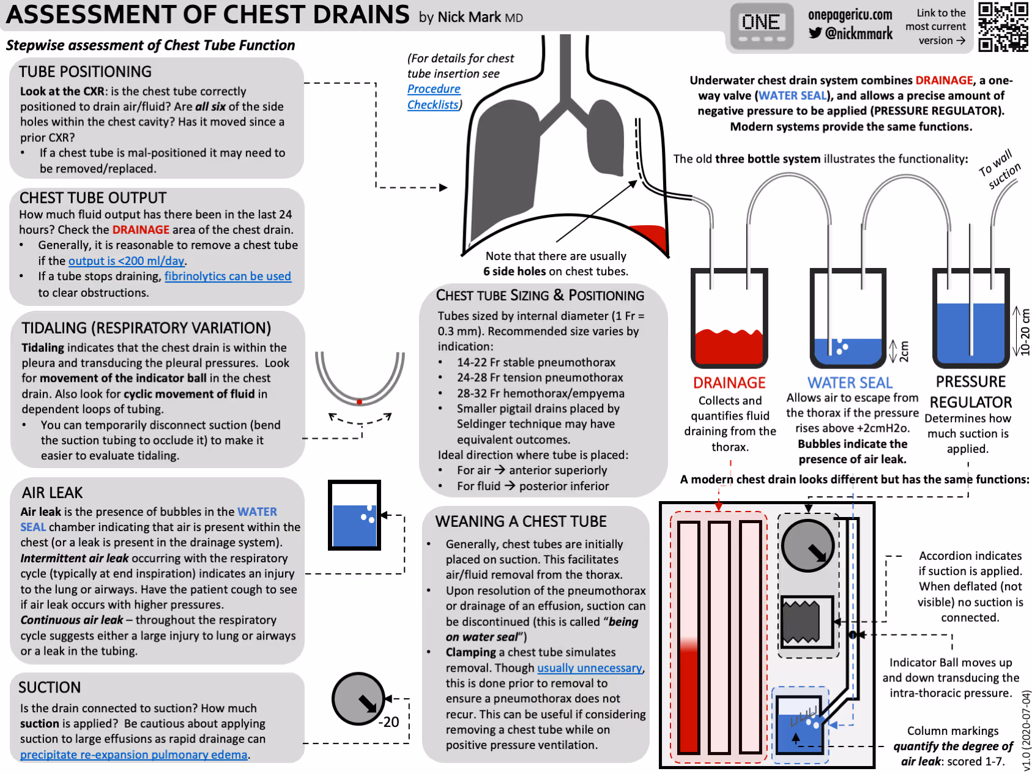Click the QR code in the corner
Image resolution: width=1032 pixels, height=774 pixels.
tap(1003, 26)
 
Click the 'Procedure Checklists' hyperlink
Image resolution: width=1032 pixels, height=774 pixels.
tap(434, 97)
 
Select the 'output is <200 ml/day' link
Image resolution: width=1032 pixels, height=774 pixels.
tap(127, 261)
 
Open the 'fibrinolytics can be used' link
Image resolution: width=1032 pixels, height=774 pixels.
tap(228, 277)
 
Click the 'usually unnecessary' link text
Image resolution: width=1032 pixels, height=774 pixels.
tap(590, 668)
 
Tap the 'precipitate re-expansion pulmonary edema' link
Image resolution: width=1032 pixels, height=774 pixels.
tap(133, 755)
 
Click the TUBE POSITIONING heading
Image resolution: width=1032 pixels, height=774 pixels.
tap(85, 72)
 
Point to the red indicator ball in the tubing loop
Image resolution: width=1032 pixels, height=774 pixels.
tap(360, 402)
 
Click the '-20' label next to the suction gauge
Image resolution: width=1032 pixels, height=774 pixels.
tap(389, 722)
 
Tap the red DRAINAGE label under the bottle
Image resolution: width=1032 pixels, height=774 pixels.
tap(729, 383)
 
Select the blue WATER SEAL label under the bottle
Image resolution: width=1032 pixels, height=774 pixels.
tap(850, 383)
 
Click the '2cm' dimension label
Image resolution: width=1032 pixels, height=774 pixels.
tap(904, 351)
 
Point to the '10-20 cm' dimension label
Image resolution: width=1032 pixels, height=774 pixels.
tap(1025, 332)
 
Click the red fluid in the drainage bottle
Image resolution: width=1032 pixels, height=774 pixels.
tap(729, 347)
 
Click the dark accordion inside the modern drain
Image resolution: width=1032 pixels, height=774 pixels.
tap(801, 622)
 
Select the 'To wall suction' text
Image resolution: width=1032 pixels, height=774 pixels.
tap(1000, 169)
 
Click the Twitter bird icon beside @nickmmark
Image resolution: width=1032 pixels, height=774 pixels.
tap(815, 33)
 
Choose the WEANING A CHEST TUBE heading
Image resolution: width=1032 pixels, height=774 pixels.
tap(521, 521)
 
